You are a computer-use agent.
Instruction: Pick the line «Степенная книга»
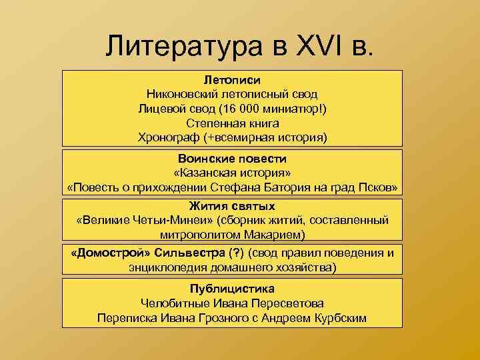[x=232, y=123]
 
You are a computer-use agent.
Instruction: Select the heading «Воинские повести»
[x=232, y=159]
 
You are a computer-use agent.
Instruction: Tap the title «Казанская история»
[x=232, y=173]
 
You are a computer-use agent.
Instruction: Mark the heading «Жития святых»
[x=232, y=206]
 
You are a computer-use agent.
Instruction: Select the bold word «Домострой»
[x=111, y=253]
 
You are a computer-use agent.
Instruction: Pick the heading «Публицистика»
[x=232, y=289]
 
